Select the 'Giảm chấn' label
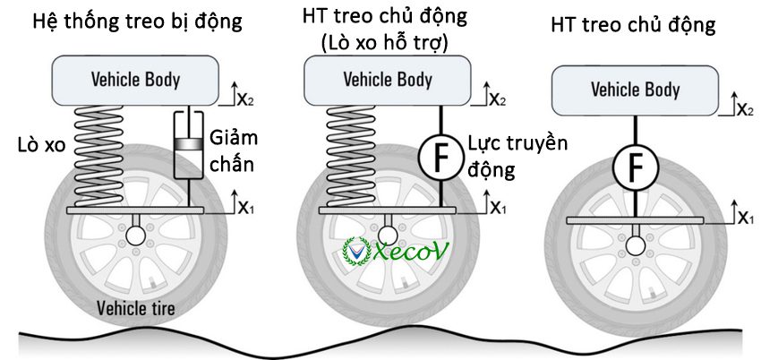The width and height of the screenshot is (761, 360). [x=232, y=151]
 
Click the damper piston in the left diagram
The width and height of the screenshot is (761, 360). [x=187, y=143]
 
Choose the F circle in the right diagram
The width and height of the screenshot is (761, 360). [x=635, y=167]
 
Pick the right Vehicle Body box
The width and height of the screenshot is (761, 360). [x=635, y=90]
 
